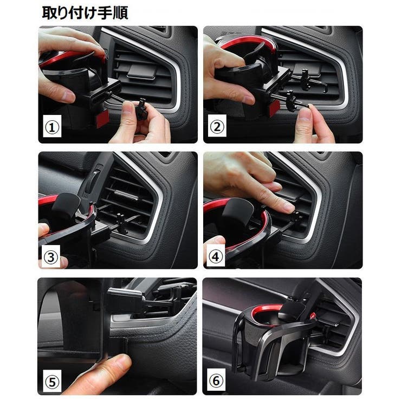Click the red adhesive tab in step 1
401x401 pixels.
point(102,119)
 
